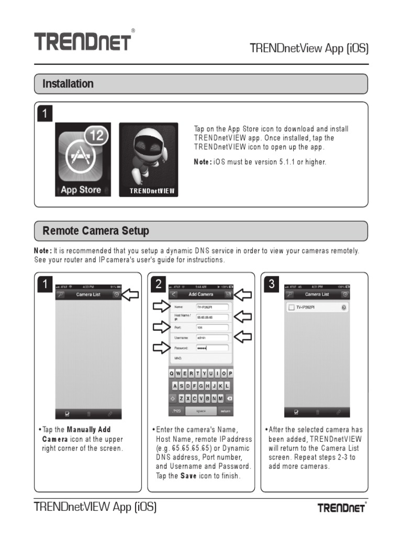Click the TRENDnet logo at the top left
point(83,41)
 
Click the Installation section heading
point(68,84)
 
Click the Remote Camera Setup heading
point(96,231)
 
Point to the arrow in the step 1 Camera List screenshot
point(130,295)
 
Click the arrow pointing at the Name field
point(160,307)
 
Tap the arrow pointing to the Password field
point(160,348)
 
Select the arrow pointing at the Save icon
point(242,295)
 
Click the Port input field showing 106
point(212,328)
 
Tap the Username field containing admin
point(212,338)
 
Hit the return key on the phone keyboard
point(225,411)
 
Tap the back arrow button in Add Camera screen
point(174,295)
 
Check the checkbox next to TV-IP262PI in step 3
point(291,307)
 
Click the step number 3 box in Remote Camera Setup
point(271,284)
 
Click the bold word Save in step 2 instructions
point(188,476)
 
